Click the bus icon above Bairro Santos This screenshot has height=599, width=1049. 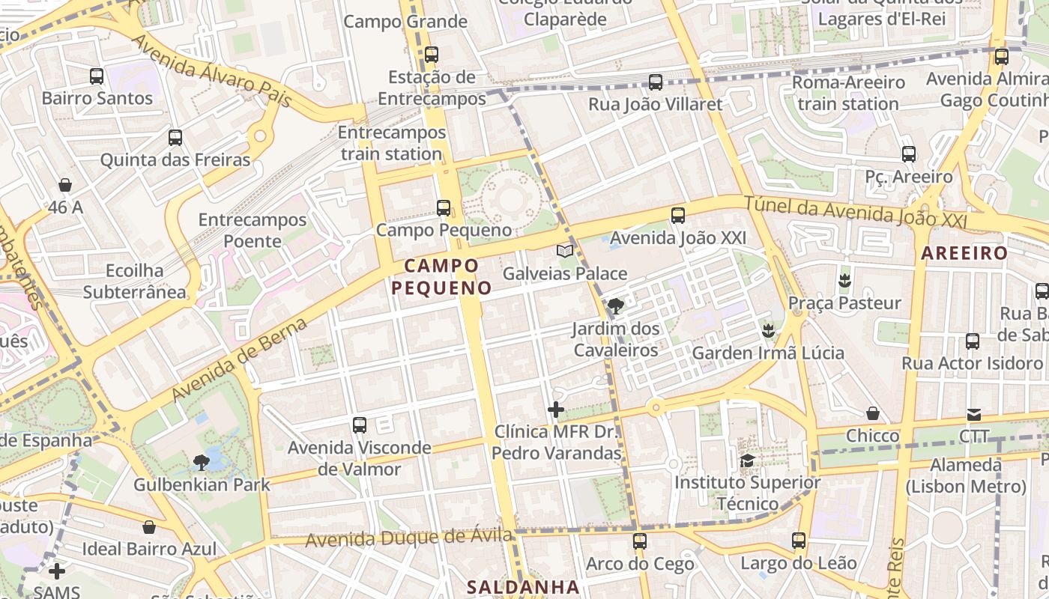click(x=97, y=76)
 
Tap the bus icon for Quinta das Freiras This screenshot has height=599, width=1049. click(x=175, y=138)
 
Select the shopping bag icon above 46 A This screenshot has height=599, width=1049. click(x=65, y=185)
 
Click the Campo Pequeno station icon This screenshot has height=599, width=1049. click(x=444, y=207)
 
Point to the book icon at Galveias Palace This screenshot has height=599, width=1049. click(x=565, y=251)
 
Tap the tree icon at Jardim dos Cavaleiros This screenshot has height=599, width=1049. click(x=616, y=305)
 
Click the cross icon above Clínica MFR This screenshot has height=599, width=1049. click(x=556, y=410)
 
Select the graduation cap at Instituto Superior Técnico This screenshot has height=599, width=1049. click(x=747, y=460)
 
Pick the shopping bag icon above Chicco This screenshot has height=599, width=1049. click(x=873, y=413)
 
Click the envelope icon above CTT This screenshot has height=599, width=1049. click(x=974, y=414)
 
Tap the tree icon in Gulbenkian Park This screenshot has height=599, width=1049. click(x=201, y=462)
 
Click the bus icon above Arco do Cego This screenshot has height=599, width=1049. click(x=640, y=541)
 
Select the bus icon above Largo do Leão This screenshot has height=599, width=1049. click(x=799, y=540)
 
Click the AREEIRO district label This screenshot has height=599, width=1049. click(x=964, y=253)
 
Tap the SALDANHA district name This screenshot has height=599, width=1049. click(x=523, y=587)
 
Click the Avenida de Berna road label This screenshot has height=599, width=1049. click(x=240, y=360)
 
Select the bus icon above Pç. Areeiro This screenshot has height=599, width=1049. click(x=909, y=154)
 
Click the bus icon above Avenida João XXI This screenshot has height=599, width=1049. click(x=678, y=216)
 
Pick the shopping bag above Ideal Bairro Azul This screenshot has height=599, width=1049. click(x=149, y=526)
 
